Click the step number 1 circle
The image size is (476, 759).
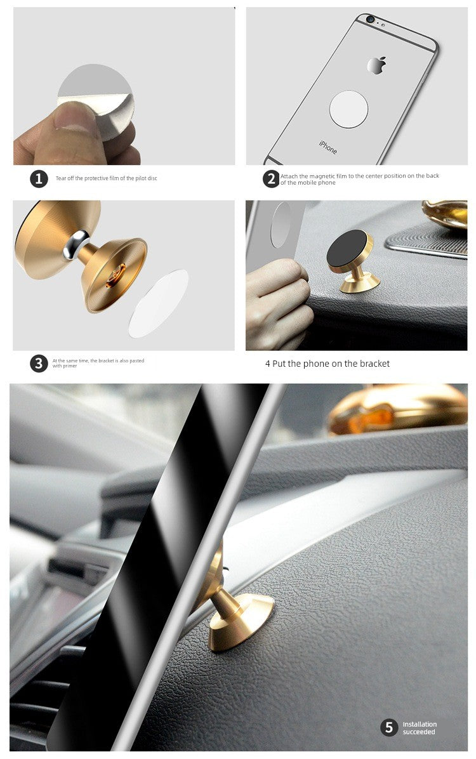(x=39, y=179)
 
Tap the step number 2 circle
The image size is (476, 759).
(x=271, y=179)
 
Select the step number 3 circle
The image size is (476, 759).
(x=39, y=363)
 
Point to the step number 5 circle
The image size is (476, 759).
(x=389, y=727)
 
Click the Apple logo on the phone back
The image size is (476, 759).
(x=376, y=65)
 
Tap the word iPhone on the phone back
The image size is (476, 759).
(x=328, y=147)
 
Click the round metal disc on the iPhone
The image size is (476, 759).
(x=348, y=109)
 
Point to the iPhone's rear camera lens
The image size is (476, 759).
(x=369, y=20)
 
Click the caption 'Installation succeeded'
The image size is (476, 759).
(x=420, y=728)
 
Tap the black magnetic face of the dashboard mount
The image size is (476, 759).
(x=347, y=248)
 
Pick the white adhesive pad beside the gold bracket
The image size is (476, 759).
(x=159, y=303)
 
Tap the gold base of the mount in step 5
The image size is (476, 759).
(x=241, y=624)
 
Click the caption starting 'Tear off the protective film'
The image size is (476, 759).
(x=106, y=179)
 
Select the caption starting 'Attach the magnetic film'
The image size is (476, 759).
(x=359, y=179)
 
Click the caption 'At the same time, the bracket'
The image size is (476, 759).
(x=98, y=363)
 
